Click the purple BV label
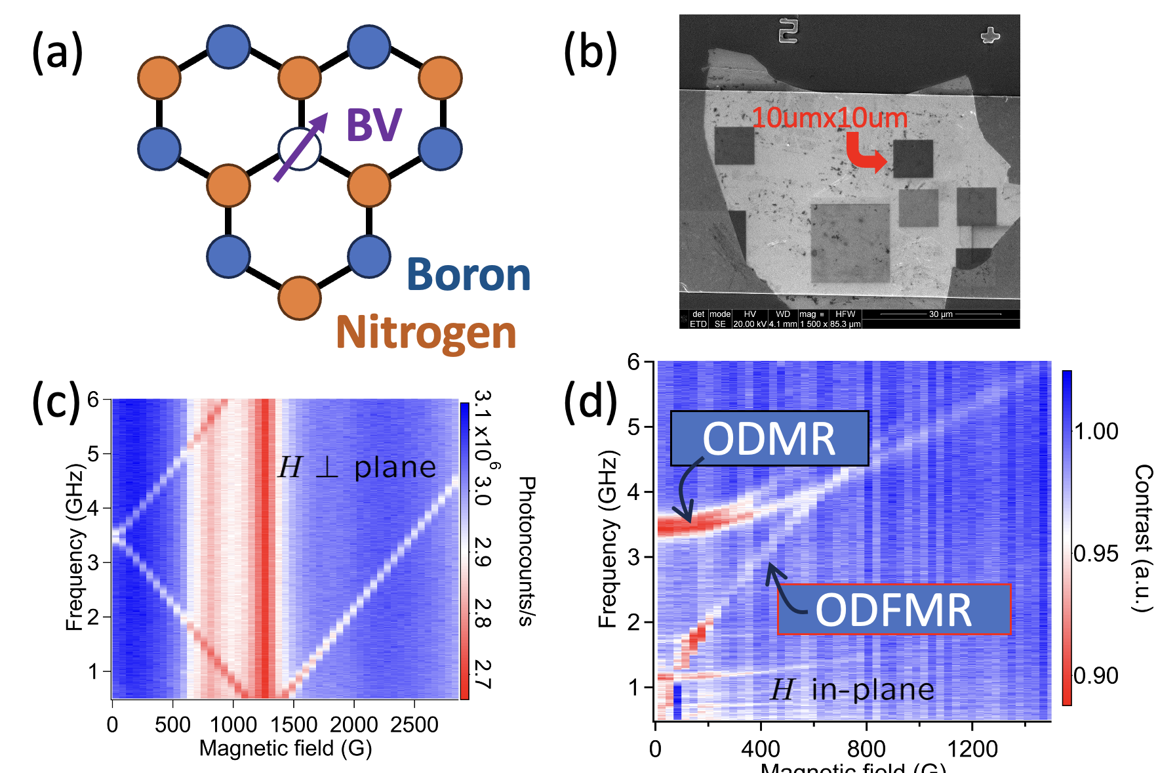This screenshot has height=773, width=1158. [374, 125]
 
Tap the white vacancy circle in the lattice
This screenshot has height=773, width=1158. [300, 150]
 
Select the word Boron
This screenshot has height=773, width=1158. [468, 275]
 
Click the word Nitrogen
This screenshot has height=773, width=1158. [426, 333]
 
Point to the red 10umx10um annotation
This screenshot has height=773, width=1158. [829, 118]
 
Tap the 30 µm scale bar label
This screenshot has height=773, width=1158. [940, 314]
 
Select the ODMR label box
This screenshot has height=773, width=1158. [769, 438]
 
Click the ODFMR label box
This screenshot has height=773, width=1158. [894, 610]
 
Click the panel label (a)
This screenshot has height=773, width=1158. [58, 52]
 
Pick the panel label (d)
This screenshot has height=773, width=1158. [590, 402]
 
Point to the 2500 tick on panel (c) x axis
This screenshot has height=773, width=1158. [414, 724]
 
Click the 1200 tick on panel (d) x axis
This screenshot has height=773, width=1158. [972, 748]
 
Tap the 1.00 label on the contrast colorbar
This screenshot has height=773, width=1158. [1096, 432]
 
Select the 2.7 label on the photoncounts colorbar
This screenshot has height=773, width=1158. [482, 674]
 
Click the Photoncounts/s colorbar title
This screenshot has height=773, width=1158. [526, 551]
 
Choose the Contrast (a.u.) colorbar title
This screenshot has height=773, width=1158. [1142, 538]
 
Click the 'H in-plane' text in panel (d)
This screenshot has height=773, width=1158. [852, 690]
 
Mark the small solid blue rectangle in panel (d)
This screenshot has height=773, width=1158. [677, 701]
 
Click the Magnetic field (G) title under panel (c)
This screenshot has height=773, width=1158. [285, 748]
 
